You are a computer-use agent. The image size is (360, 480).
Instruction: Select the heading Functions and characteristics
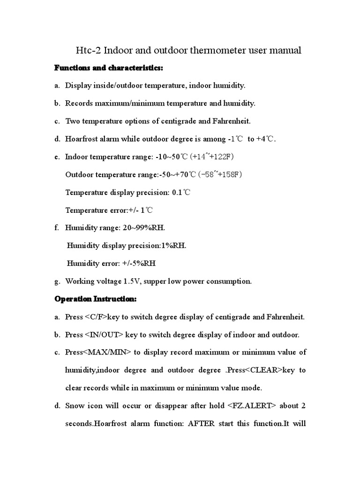click(109, 68)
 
